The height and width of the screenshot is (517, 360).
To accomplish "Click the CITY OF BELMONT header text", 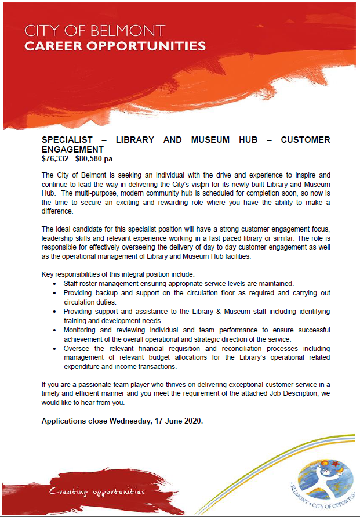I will [x=95, y=30].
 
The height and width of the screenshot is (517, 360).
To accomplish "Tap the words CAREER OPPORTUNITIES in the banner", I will [x=115, y=45].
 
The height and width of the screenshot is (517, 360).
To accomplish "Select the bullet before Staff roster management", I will [x=54, y=284].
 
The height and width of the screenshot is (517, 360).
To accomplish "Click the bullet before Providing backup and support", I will [x=54, y=294].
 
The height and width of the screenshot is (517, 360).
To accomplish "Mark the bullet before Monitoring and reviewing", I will [x=54, y=330].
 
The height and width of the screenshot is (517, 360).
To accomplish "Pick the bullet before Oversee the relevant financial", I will [x=54, y=349].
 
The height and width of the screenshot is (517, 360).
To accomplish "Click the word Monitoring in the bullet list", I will [x=80, y=330].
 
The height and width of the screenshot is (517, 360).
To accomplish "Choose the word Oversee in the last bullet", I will [x=77, y=349].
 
